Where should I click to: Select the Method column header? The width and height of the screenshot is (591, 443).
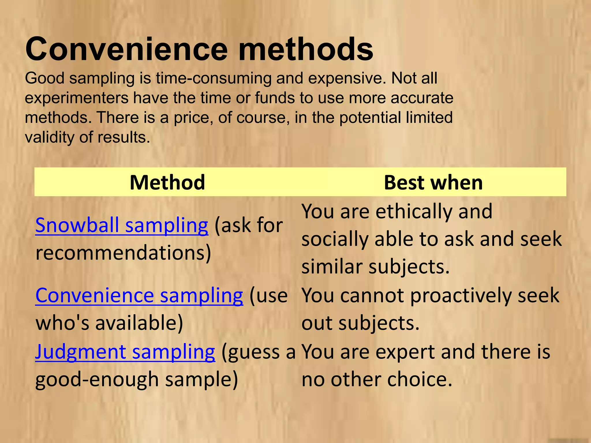pos(167,182)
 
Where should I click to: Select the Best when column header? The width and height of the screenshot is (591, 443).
pos(433,182)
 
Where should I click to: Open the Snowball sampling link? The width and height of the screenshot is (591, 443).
pos(121,226)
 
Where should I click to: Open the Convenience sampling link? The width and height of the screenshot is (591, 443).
pos(139,296)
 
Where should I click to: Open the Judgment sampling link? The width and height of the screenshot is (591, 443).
pos(125,352)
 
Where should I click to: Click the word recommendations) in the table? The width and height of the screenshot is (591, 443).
pos(123,253)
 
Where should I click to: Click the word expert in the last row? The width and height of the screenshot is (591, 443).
pos(405,352)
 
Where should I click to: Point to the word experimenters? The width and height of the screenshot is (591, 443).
pos(76,98)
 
